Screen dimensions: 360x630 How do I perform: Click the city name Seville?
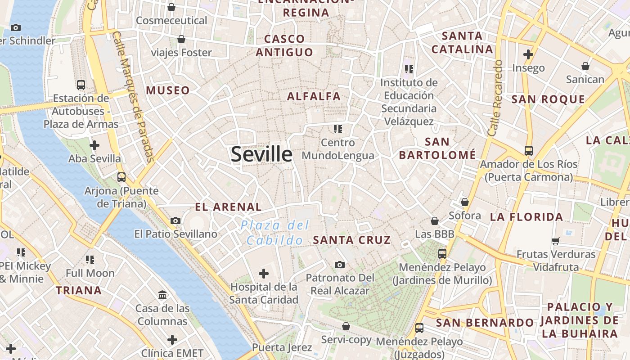[x=261, y=154]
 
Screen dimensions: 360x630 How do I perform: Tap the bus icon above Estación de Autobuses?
[x=81, y=85]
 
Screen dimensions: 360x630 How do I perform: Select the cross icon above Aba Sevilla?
[x=94, y=145]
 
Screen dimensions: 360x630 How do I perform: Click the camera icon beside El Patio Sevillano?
[x=175, y=220]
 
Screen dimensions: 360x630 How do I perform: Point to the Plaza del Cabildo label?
[x=274, y=233]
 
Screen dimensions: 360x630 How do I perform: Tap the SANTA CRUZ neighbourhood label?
[x=352, y=240]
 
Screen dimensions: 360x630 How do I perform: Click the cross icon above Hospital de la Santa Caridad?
[x=264, y=273]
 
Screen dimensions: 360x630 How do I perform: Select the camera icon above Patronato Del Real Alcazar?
[x=340, y=265]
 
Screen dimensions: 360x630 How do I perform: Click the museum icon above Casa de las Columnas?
[x=162, y=295]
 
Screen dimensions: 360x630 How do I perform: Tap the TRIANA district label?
[x=79, y=290]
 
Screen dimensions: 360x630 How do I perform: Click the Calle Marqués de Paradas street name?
[x=133, y=97]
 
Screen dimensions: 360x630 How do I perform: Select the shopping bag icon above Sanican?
[x=585, y=67]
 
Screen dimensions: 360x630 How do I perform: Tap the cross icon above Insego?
[x=528, y=55]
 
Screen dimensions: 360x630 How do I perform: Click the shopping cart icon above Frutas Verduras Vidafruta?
[x=556, y=241]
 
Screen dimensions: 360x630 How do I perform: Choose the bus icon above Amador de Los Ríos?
[x=528, y=151]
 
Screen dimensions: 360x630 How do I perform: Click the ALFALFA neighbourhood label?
[x=314, y=96]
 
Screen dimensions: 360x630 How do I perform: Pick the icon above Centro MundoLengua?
[x=337, y=130]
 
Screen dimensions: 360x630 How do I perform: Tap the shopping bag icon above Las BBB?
[x=435, y=221]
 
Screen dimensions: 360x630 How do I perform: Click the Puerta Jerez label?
[x=282, y=347]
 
